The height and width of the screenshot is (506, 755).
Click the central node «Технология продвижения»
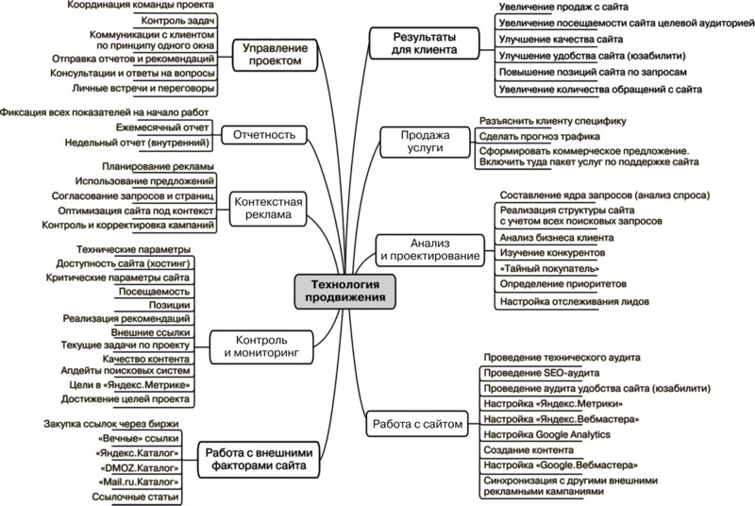click(x=344, y=289)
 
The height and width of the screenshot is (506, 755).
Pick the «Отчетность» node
click(x=270, y=135)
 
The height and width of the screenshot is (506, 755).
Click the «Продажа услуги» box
click(x=420, y=142)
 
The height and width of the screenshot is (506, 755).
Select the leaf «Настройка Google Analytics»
click(x=546, y=433)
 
